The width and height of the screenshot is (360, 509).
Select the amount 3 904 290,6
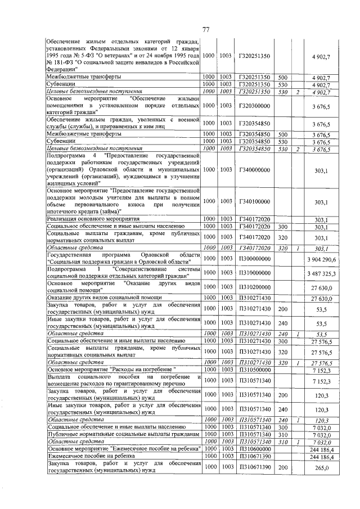pos(321,259)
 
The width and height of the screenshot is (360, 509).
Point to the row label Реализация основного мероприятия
pos(93,219)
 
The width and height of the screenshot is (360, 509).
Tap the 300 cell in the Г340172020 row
pos(283,227)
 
